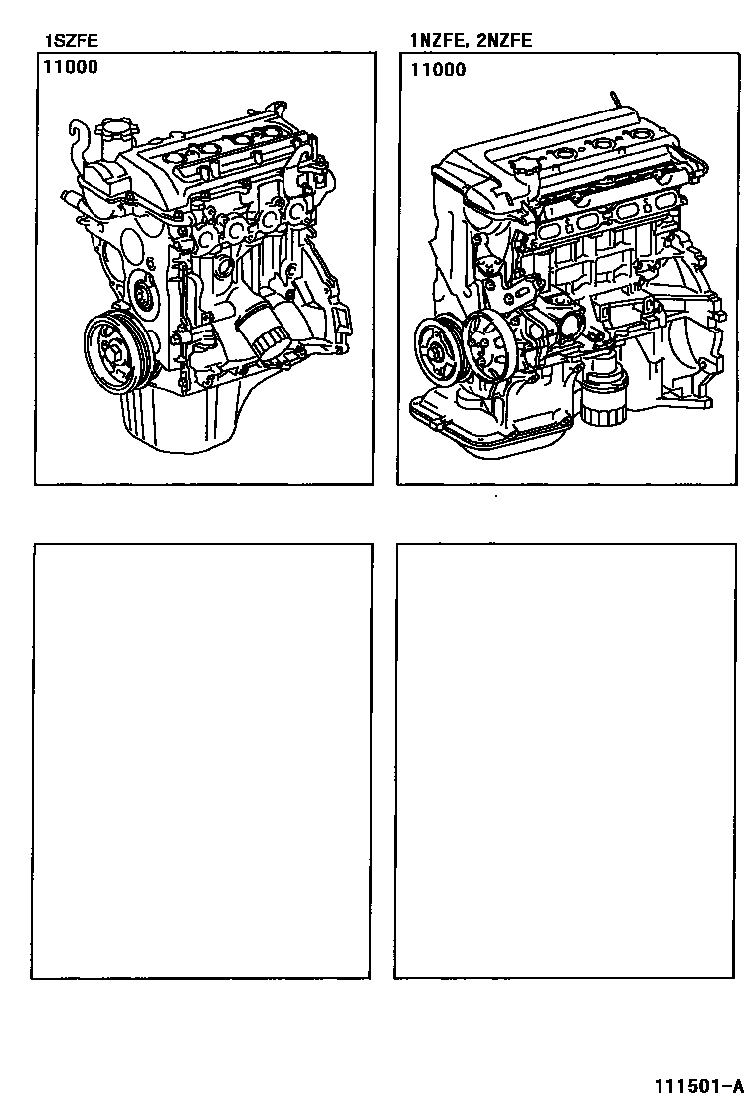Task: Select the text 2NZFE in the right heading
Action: (504, 40)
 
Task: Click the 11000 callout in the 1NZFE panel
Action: (438, 70)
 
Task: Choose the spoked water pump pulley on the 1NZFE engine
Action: (488, 346)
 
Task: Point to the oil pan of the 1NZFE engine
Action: (486, 424)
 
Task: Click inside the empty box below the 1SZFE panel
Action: (202, 761)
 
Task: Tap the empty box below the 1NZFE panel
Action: (565, 761)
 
